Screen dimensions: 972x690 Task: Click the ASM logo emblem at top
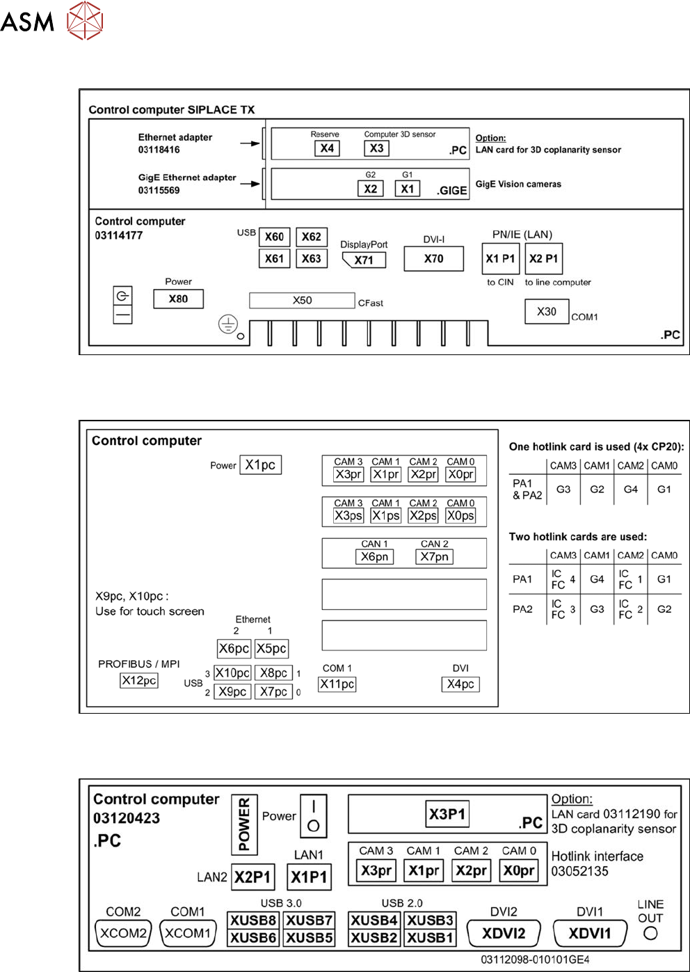click(85, 20)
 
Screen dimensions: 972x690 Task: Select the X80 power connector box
click(178, 299)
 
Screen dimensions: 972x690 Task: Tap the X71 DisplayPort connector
click(364, 260)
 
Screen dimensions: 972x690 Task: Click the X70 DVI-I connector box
click(433, 258)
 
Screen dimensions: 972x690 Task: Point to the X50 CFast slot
click(302, 300)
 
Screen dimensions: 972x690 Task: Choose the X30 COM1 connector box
click(547, 311)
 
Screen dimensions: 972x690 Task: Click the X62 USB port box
click(311, 237)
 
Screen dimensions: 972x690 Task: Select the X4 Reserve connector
click(327, 148)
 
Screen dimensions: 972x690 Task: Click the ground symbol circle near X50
click(228, 324)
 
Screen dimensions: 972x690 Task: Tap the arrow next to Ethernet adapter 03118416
click(250, 143)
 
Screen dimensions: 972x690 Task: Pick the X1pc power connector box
click(260, 464)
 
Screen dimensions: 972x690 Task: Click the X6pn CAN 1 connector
click(374, 556)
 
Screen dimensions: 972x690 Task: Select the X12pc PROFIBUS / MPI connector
click(139, 680)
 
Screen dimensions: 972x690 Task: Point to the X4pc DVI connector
click(460, 684)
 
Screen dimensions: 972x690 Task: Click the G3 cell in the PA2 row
click(597, 609)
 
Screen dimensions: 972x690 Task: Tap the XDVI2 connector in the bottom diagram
click(504, 933)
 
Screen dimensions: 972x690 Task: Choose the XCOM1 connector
click(187, 933)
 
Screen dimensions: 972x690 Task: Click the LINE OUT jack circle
click(650, 934)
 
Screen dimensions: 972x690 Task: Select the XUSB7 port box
click(309, 920)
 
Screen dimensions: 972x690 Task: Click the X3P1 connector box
click(447, 814)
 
